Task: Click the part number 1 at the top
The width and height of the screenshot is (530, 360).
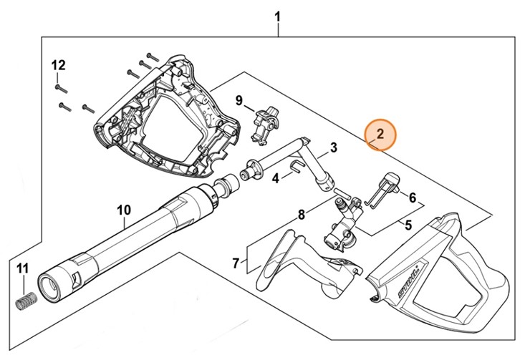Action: click(x=279, y=16)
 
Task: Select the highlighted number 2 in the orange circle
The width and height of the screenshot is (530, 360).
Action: click(x=380, y=133)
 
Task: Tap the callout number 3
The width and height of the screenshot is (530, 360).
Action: click(x=333, y=148)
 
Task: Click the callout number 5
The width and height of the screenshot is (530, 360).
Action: click(x=408, y=225)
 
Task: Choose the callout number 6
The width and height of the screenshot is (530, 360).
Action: click(x=412, y=196)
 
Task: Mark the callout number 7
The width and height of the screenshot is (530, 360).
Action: click(x=236, y=263)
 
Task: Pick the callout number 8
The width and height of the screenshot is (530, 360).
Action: click(x=302, y=214)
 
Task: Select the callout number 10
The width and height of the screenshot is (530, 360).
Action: click(x=124, y=210)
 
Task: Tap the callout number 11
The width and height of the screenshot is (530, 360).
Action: click(x=22, y=268)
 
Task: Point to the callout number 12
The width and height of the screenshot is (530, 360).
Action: click(x=57, y=65)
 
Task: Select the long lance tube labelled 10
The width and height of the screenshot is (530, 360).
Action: click(x=129, y=240)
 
